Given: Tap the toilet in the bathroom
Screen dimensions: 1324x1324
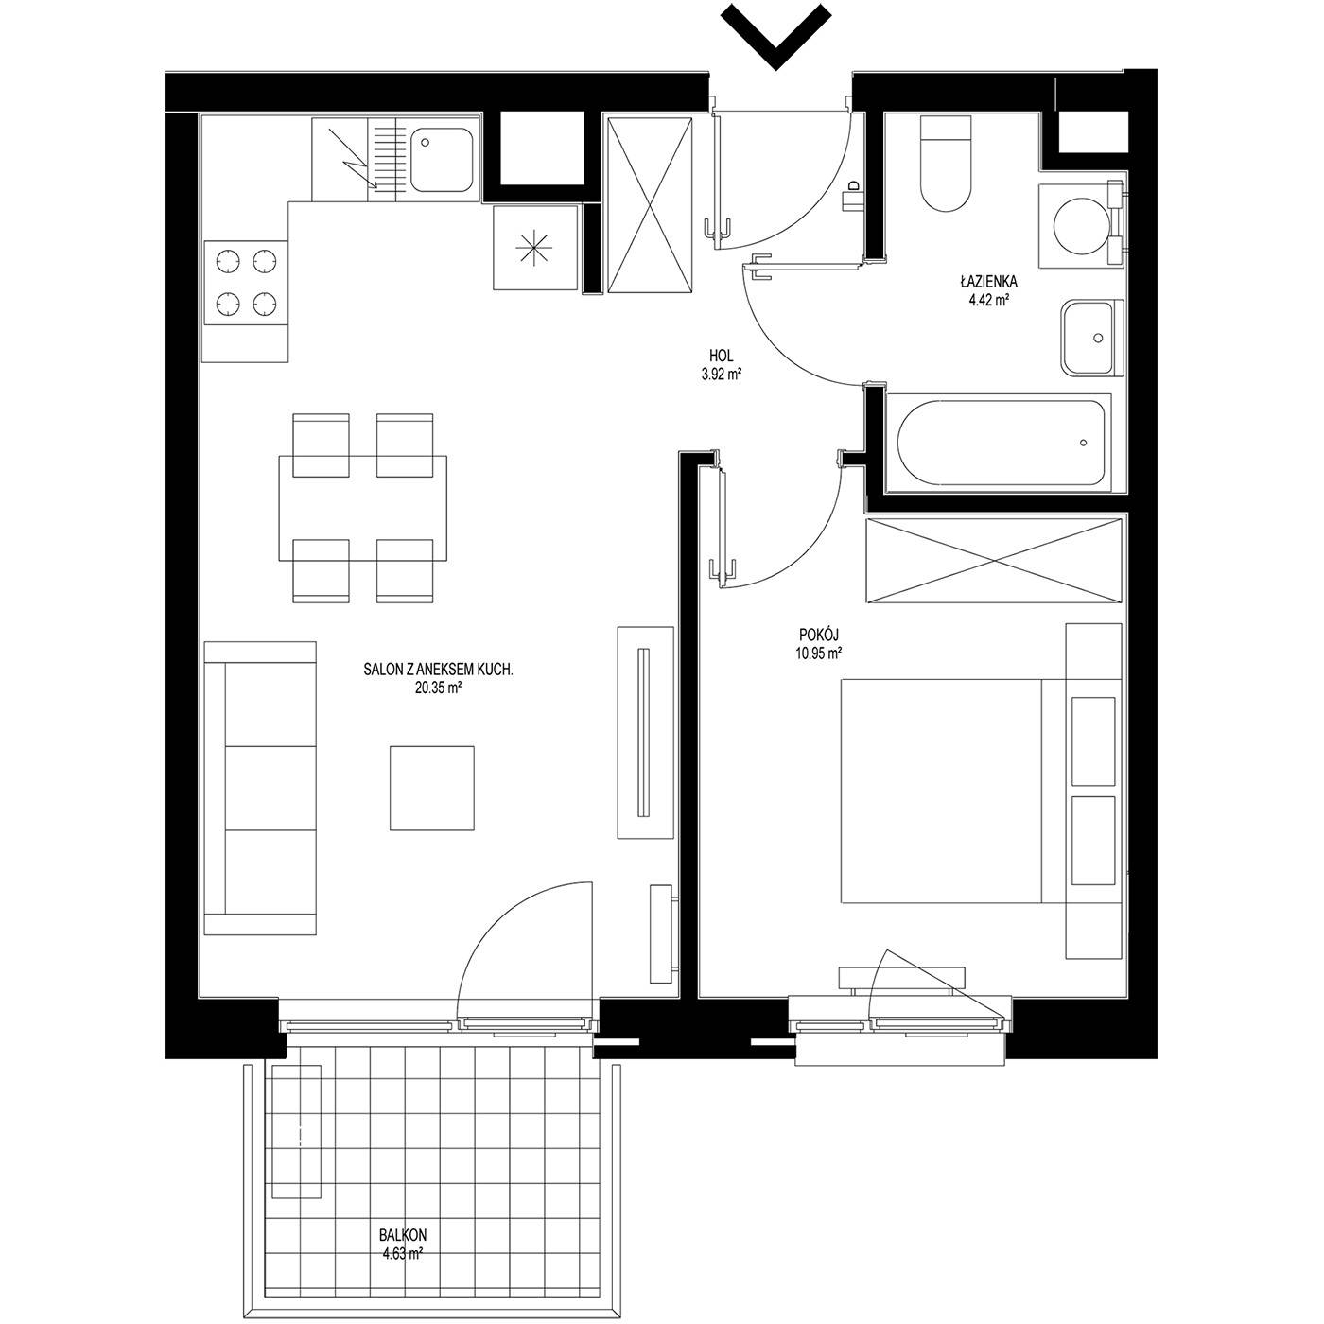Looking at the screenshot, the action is coord(946,164).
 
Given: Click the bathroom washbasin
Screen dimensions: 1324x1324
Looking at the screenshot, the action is coord(1092,338).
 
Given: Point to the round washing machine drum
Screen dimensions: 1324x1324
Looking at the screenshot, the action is coord(1082,225).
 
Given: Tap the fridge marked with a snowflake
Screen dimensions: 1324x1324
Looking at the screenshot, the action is coord(535,248).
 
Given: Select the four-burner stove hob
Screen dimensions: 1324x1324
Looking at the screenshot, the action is coord(245,283).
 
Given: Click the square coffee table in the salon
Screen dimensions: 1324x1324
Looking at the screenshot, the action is coord(432,788).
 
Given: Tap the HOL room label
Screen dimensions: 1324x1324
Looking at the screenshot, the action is coord(722,356).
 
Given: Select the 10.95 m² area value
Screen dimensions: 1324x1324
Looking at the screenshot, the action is coord(819,653).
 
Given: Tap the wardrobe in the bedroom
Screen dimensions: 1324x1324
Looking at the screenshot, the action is coord(994,561).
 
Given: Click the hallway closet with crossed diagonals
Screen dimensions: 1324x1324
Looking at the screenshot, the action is coord(651,205).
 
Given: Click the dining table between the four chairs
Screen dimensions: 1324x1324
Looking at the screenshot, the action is coord(363,508).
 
